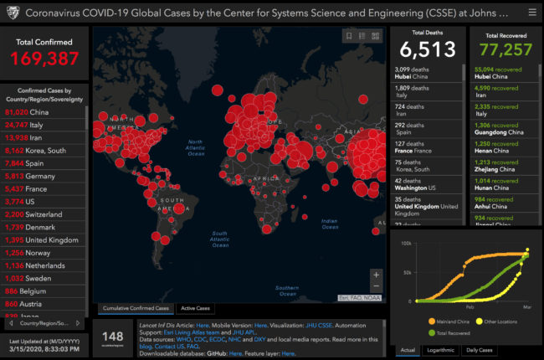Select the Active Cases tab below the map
(x=195, y=308)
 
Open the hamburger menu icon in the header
(x=532, y=13)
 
